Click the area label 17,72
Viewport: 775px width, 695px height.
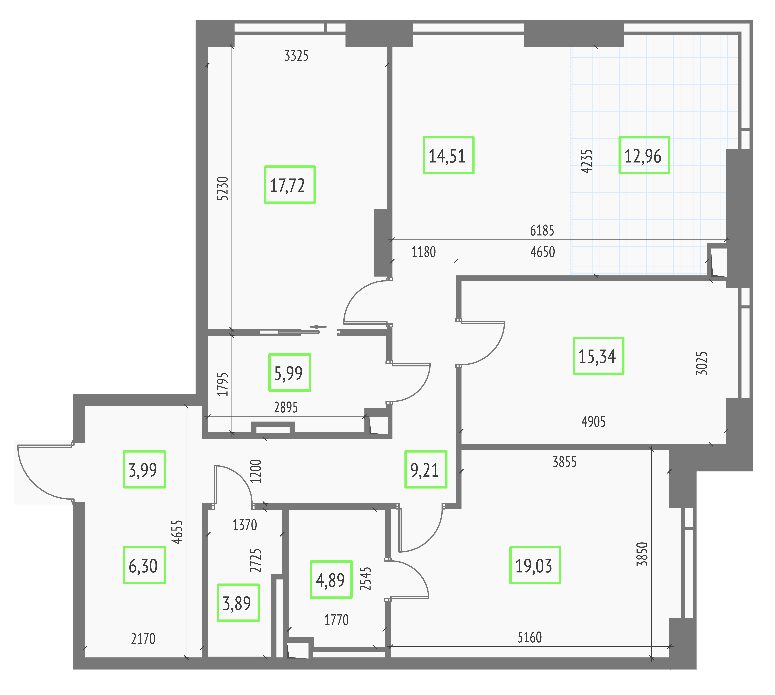coord(290,185)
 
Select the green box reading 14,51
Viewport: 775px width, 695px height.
coord(449,155)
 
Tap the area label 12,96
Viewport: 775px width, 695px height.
coord(644,155)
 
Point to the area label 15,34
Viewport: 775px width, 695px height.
coord(598,356)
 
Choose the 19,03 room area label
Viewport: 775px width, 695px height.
coord(535,565)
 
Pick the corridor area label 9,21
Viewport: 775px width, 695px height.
coord(426,469)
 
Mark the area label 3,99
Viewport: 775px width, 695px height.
coord(144,469)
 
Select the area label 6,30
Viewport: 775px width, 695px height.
coord(144,565)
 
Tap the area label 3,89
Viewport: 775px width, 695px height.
coord(238,603)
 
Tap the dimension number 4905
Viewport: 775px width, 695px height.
coord(594,422)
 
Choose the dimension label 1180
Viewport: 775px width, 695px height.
coord(424,252)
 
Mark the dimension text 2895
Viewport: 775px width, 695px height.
coord(286,407)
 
